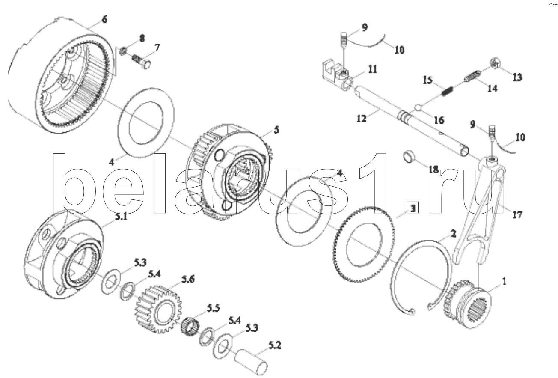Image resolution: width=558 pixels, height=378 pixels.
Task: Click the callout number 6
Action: point(104,19)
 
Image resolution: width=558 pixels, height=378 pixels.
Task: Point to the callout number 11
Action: point(372,69)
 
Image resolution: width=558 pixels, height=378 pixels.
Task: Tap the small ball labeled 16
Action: point(418,107)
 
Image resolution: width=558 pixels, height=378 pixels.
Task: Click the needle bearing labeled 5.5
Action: point(190,325)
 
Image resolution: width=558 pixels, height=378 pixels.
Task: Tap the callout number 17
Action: point(517,214)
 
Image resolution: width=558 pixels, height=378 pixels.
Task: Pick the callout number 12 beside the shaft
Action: point(362,119)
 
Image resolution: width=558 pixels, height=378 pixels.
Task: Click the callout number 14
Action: point(493,89)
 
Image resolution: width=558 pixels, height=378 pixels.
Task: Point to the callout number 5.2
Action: point(275,345)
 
